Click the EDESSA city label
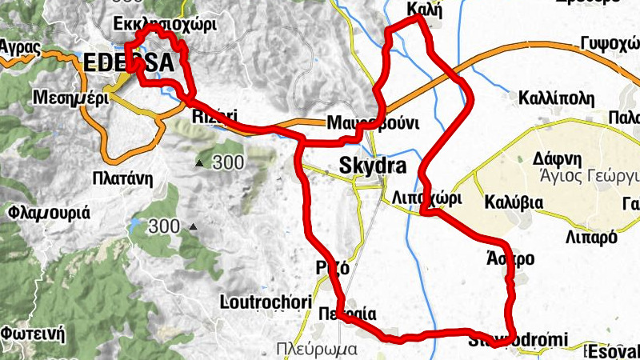pyautogui.click(x=128, y=62)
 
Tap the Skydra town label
pyautogui.click(x=373, y=166)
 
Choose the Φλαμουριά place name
pyautogui.click(x=48, y=214)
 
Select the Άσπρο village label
pyautogui.click(x=510, y=259)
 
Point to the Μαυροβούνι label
pyautogui.click(x=374, y=124)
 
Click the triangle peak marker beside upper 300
pyautogui.click(x=199, y=164)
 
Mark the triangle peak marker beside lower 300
pyautogui.click(x=192, y=227)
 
